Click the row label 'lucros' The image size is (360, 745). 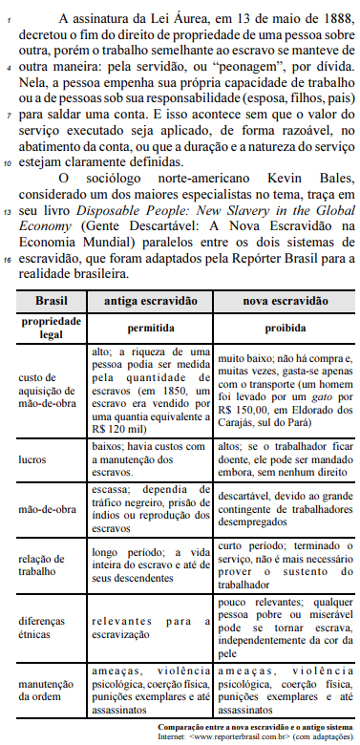click(33, 458)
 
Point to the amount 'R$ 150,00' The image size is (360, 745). click(256, 403)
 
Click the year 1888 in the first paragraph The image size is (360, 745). click(312, 18)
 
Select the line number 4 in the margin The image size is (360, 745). click(10, 68)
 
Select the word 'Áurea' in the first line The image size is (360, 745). click(170, 18)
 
